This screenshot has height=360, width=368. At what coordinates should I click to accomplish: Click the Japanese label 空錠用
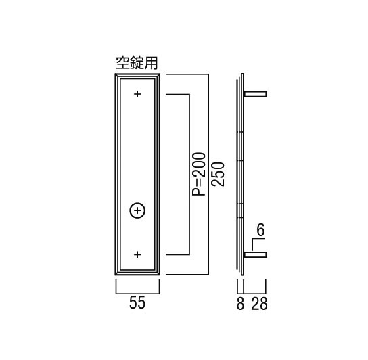tap(137, 63)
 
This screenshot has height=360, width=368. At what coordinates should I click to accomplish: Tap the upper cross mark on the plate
tap(137, 94)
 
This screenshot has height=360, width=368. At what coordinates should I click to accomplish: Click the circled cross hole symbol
tap(137, 210)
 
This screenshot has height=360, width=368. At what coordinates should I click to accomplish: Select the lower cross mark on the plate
tap(137, 254)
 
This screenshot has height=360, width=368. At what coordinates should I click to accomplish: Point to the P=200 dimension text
tap(199, 174)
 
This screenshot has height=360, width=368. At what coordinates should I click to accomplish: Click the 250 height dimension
tap(218, 174)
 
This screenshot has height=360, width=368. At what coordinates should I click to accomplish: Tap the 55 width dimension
tap(137, 302)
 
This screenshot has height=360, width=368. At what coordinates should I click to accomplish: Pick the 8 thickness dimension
tap(240, 304)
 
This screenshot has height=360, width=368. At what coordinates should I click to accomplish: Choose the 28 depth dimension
tap(259, 304)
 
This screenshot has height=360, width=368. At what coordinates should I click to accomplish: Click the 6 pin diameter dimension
tap(260, 230)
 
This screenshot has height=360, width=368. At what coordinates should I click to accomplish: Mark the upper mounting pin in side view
tap(255, 94)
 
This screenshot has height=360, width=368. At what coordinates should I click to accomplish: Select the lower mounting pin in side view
tap(255, 255)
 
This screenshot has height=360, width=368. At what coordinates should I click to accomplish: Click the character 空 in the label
tap(122, 63)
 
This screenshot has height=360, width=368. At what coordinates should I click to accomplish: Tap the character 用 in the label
tap(151, 63)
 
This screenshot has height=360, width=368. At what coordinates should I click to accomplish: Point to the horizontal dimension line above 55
tap(137, 294)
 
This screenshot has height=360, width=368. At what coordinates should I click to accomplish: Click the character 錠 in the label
tap(137, 63)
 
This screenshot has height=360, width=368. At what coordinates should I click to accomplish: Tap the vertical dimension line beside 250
tap(208, 174)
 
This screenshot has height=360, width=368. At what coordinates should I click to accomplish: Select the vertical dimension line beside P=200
tap(189, 174)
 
